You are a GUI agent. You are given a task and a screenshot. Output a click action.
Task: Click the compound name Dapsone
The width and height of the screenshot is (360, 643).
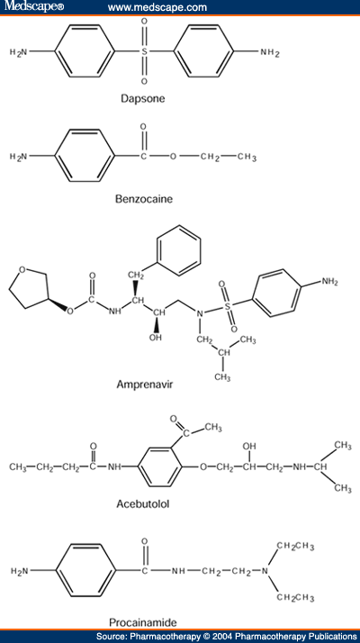(143, 99)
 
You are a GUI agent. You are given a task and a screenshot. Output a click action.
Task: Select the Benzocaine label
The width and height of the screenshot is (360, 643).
(144, 199)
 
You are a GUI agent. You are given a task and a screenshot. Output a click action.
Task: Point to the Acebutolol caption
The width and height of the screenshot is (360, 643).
(143, 504)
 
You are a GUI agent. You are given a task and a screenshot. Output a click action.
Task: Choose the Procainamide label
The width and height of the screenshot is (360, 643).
(143, 622)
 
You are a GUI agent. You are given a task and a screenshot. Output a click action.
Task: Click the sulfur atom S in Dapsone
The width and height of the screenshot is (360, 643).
(144, 51)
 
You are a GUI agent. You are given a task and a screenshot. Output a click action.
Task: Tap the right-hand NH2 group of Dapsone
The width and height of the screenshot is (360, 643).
(270, 52)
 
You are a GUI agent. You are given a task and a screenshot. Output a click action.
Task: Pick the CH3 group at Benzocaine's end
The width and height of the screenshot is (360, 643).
(247, 158)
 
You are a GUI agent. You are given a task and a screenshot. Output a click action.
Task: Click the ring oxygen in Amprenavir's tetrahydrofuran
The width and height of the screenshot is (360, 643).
(22, 269)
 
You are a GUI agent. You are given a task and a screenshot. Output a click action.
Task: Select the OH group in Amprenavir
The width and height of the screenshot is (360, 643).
(155, 338)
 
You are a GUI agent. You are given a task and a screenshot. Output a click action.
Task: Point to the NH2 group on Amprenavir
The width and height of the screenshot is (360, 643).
(329, 282)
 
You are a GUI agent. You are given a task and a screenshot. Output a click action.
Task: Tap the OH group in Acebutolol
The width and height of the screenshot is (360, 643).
(249, 446)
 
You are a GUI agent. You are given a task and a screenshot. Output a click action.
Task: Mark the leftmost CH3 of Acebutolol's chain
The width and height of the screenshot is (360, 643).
(18, 467)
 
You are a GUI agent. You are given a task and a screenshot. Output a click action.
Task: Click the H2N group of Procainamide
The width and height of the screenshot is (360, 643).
(20, 570)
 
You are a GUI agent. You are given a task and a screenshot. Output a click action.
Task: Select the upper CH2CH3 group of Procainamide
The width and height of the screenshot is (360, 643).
(295, 546)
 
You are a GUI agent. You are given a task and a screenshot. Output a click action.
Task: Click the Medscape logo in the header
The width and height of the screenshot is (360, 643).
(31, 6)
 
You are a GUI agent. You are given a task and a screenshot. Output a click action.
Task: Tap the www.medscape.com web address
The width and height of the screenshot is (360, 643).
(157, 7)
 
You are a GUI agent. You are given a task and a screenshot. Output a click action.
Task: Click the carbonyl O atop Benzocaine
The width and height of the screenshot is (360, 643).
(143, 127)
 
